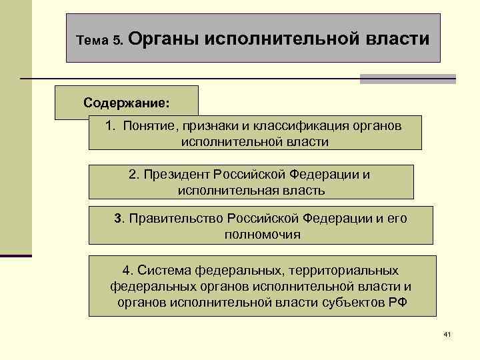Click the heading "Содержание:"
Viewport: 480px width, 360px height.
(x=127, y=103)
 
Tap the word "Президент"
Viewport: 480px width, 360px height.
(x=175, y=174)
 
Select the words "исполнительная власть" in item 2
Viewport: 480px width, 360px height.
(x=251, y=191)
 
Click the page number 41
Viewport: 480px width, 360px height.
(x=447, y=333)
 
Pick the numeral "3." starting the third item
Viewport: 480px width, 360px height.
(x=119, y=218)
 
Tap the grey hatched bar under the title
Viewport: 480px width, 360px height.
(x=407, y=79)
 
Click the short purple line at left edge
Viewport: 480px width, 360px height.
(x=15, y=255)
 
